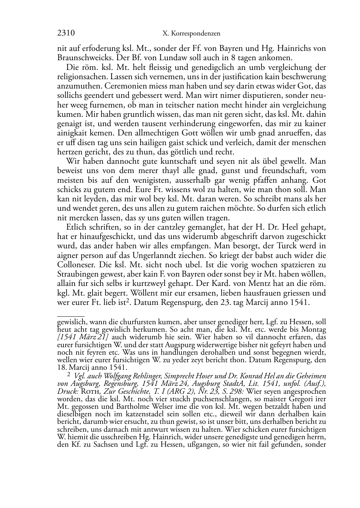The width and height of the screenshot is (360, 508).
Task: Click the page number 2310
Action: (66, 34)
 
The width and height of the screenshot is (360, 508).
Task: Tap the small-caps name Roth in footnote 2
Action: (88, 391)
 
